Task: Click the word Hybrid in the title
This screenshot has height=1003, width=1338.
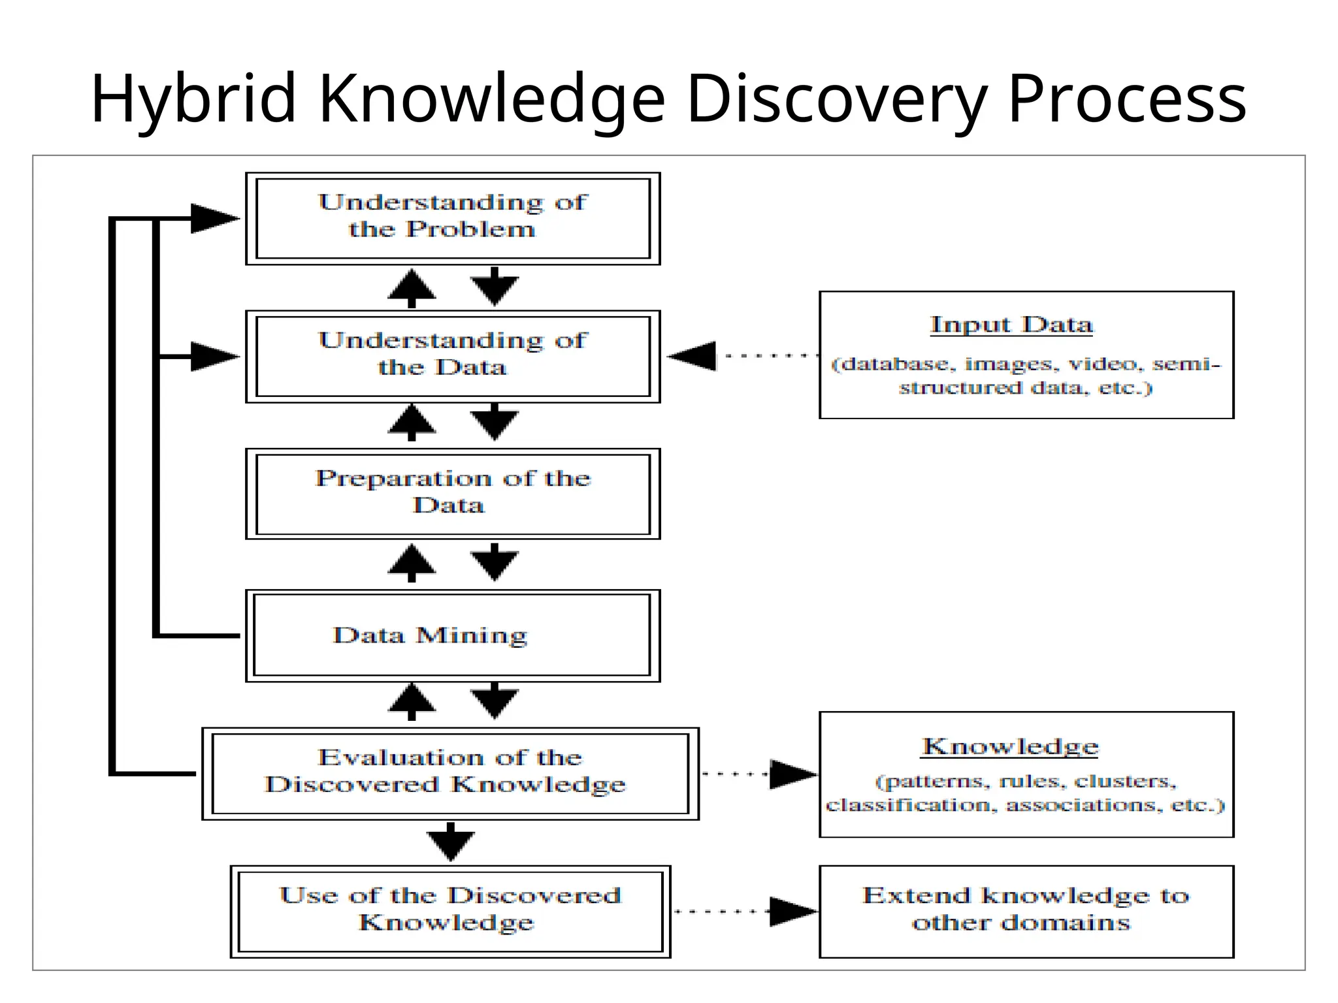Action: pyautogui.click(x=193, y=99)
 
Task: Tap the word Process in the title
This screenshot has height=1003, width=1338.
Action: pyautogui.click(x=1127, y=99)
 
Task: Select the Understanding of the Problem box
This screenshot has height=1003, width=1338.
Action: pyautogui.click(x=453, y=218)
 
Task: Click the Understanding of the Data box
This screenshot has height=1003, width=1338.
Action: pyautogui.click(x=453, y=356)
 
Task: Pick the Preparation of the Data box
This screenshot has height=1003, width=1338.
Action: pyautogui.click(x=453, y=494)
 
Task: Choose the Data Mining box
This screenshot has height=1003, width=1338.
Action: pyautogui.click(x=453, y=635)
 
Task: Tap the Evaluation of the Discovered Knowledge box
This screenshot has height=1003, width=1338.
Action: pyautogui.click(x=450, y=773)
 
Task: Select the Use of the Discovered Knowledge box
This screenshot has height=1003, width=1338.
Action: pyautogui.click(x=450, y=911)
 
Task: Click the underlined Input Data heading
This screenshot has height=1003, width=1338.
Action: pyautogui.click(x=1011, y=325)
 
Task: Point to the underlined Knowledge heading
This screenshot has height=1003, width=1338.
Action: pyautogui.click(x=1010, y=746)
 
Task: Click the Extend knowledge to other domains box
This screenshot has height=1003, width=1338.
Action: pyautogui.click(x=1026, y=911)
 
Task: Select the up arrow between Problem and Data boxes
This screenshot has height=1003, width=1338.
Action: pyautogui.click(x=412, y=287)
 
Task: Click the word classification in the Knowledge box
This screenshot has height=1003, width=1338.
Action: pyautogui.click(x=911, y=805)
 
